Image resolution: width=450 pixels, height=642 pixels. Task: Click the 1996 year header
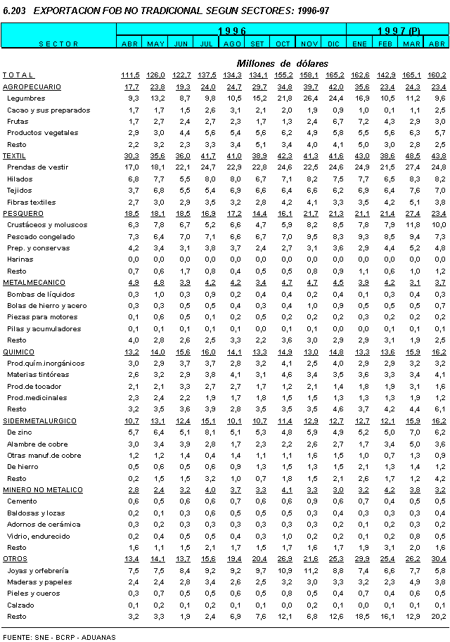231,31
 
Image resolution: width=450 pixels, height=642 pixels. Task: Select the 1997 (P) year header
398,31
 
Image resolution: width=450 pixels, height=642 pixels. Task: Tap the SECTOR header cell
58,44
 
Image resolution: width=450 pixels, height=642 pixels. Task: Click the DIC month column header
334,44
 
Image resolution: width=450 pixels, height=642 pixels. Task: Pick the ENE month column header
360,44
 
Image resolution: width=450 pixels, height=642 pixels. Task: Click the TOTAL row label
18,75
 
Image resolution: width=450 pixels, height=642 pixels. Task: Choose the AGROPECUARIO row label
32,87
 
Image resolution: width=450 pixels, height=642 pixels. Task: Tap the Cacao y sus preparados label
49,110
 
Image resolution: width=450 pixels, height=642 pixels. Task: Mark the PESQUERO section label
23,213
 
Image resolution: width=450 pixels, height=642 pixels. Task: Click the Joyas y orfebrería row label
38,570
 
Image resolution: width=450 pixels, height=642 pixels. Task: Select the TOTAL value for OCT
284,75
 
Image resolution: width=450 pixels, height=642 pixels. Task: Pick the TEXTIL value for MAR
412,155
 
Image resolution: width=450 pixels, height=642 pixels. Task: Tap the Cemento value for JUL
207,501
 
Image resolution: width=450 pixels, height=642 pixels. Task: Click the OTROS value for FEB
385,559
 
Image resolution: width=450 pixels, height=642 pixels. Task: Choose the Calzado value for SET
258,605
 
